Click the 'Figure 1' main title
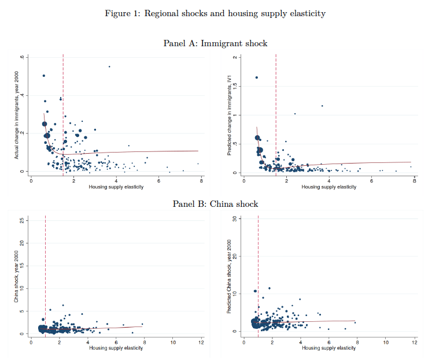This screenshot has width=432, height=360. click(215, 13)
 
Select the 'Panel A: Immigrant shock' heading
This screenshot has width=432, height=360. click(215, 43)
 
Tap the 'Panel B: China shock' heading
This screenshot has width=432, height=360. click(215, 204)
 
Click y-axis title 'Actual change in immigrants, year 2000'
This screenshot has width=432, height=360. click(17, 115)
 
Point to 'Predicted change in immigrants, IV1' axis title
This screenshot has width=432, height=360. click(229, 115)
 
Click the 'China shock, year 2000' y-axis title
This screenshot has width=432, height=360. click(16, 276)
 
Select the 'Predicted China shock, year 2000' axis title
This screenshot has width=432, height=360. click(229, 276)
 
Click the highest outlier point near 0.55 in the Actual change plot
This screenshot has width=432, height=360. click(109, 66)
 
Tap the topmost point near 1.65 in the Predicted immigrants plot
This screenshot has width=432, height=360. click(257, 77)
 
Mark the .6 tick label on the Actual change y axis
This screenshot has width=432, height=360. click(22, 57)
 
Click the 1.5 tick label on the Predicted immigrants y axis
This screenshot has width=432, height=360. click(235, 86)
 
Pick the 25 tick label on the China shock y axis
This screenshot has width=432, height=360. click(22, 220)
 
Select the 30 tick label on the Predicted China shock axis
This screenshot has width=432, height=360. click(235, 218)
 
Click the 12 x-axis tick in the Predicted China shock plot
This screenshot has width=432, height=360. click(415, 343)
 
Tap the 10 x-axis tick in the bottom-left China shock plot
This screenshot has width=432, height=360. click(173, 343)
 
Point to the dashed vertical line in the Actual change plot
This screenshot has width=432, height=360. click(63, 115)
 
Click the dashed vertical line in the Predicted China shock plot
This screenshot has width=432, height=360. click(258, 276)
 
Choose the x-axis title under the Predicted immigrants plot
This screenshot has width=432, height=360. click(329, 187)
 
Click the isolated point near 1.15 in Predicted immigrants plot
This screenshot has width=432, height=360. click(322, 106)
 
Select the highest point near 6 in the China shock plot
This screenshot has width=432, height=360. click(63, 305)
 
